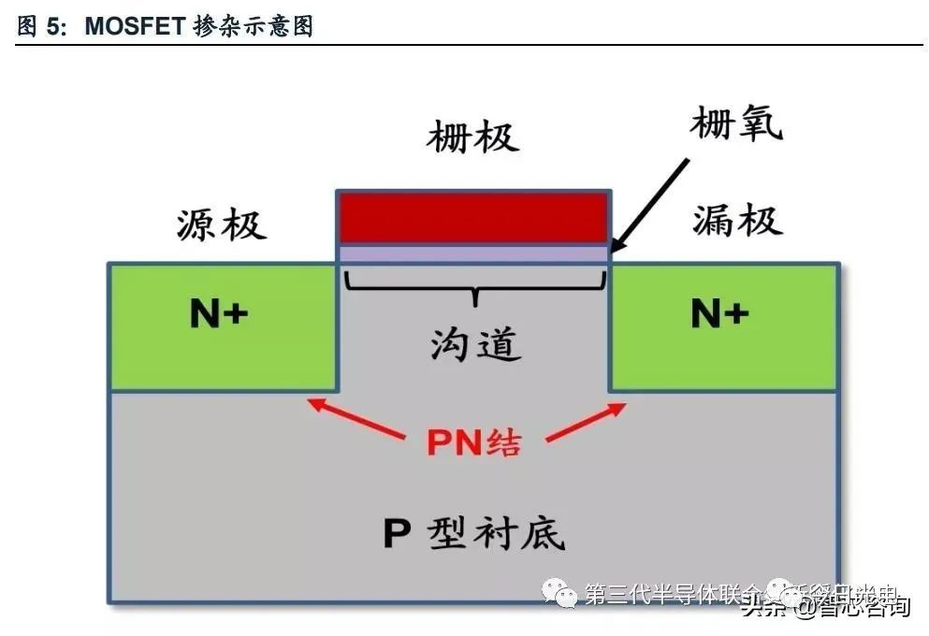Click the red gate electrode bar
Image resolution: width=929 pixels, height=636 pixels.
point(472,218)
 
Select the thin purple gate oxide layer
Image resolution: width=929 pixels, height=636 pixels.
point(472,253)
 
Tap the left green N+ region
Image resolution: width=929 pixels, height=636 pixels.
point(168,351)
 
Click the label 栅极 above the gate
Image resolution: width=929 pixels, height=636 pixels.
point(472,137)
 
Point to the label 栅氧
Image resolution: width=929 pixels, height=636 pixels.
point(736,123)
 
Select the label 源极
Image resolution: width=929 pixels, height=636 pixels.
point(222,225)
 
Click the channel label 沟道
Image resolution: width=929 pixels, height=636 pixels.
point(474,345)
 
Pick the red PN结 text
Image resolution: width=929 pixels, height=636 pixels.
point(474,441)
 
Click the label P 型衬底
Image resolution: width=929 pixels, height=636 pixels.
point(474,534)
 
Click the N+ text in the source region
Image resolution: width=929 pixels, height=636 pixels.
point(219,315)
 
